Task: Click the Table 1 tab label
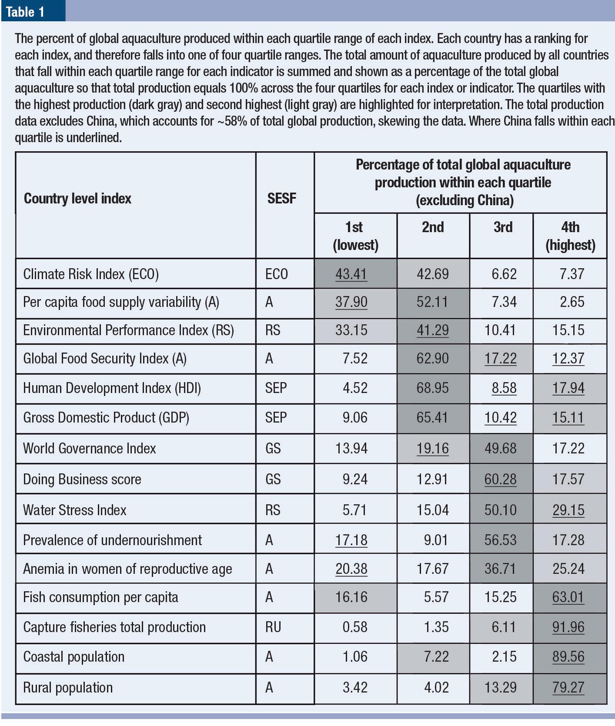pos(25,12)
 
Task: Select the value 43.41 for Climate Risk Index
pos(351,274)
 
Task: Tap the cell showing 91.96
pos(568,627)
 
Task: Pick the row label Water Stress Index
pos(74,510)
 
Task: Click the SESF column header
pos(281,199)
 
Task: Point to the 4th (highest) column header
pos(570,236)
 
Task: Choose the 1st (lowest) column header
pos(355,236)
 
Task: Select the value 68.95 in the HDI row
pos(432,388)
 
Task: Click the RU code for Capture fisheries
pos(273,627)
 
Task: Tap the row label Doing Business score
pos(82,479)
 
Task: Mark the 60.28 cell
pos(500,479)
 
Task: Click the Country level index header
pos(77,199)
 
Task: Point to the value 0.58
pos(355,627)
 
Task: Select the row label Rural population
pos(68,687)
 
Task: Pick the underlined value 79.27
pos(568,687)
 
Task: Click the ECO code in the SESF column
pos(276,274)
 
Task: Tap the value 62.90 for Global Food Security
pos(432,358)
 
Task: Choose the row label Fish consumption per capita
pos(100,597)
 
